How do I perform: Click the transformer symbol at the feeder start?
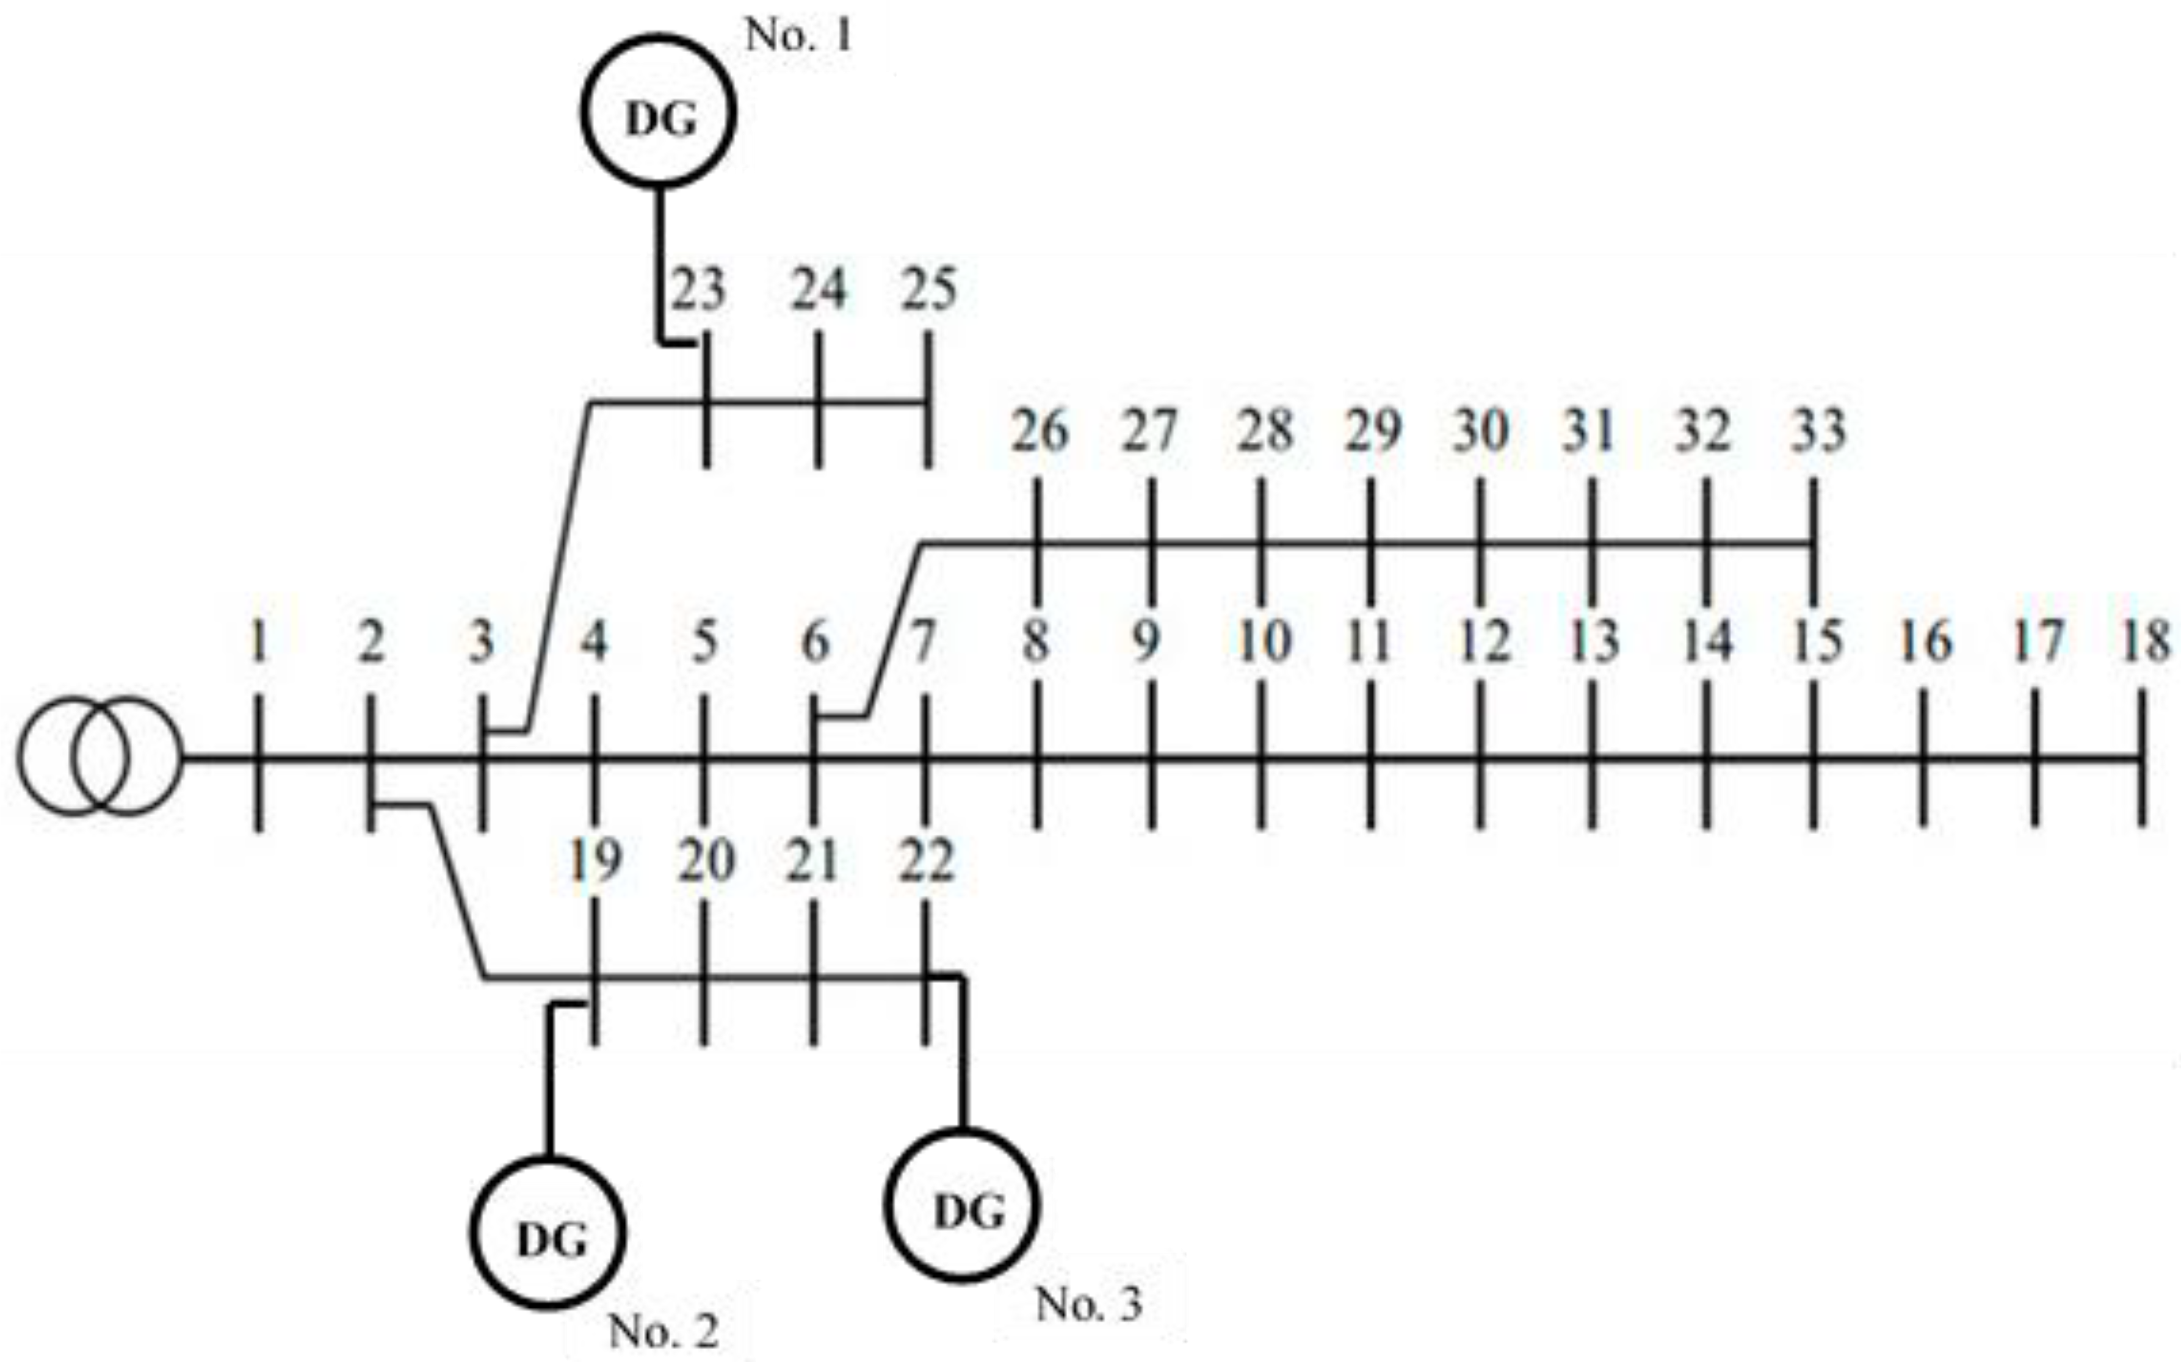tap(99, 757)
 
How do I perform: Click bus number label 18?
tap(2147, 641)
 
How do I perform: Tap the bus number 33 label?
tap(1818, 431)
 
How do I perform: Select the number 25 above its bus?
tap(929, 290)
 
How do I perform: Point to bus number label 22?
tap(926, 861)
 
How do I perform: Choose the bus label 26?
tap(1040, 431)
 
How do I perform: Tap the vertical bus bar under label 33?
tap(1814, 541)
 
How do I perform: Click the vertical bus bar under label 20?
tap(704, 973)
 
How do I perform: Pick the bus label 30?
tap(1480, 431)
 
